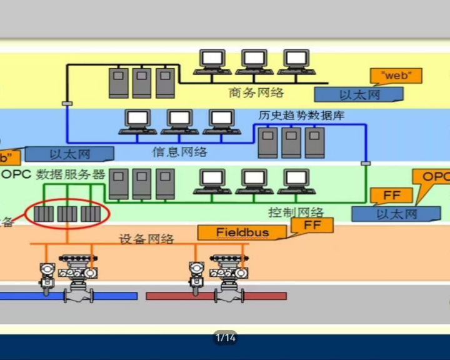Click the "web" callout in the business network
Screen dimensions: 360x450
pyautogui.click(x=396, y=76)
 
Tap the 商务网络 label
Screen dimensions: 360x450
pyautogui.click(x=256, y=93)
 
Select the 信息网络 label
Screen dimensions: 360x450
pyautogui.click(x=180, y=152)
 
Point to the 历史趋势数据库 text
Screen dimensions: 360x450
pyautogui.click(x=301, y=116)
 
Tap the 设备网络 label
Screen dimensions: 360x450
pyautogui.click(x=146, y=239)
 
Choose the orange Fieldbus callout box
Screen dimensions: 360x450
pyautogui.click(x=242, y=232)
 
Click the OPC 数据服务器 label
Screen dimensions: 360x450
pyautogui.click(x=53, y=174)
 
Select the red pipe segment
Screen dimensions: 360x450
pyautogui.click(x=216, y=296)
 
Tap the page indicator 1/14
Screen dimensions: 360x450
pyautogui.click(x=225, y=338)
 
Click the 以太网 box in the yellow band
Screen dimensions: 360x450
pyautogui.click(x=359, y=94)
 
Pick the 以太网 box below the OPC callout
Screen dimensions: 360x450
pyautogui.click(x=396, y=214)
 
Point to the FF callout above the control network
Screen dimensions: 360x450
pyautogui.click(x=392, y=195)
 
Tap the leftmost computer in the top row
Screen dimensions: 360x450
pyautogui.click(x=212, y=61)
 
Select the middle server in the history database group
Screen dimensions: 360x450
pyautogui.click(x=291, y=142)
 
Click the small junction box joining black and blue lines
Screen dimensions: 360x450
pyautogui.click(x=67, y=103)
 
